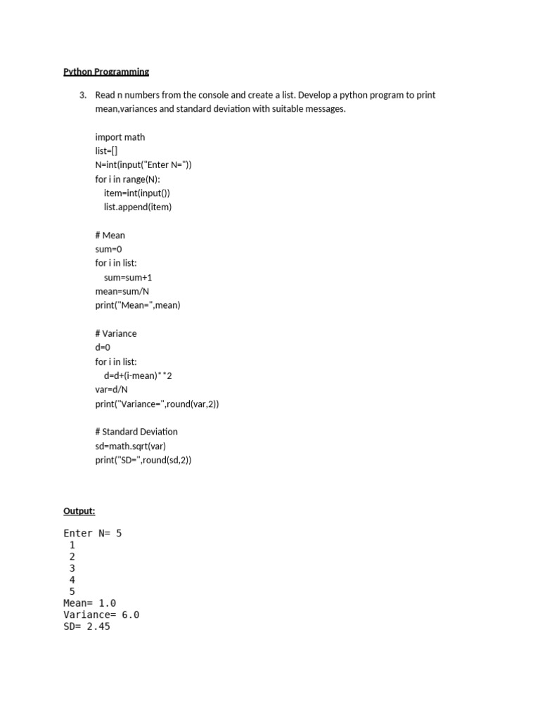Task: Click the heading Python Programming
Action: coord(106,72)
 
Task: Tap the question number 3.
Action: coord(82,95)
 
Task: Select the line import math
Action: coord(120,137)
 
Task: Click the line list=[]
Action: coord(106,151)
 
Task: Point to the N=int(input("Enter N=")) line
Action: coord(143,165)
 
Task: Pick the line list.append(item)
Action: coord(138,207)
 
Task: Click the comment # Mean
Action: coord(110,235)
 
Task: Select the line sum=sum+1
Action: coord(128,277)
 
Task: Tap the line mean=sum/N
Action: coord(122,291)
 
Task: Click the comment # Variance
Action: coord(116,333)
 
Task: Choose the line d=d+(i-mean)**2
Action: coord(138,375)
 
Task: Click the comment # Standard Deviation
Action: coord(136,432)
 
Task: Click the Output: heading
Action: coord(79,511)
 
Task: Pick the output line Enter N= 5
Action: coord(93,534)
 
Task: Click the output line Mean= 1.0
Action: coord(90,603)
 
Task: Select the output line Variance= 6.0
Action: coord(101,615)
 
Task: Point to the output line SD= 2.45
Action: coord(86,626)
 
